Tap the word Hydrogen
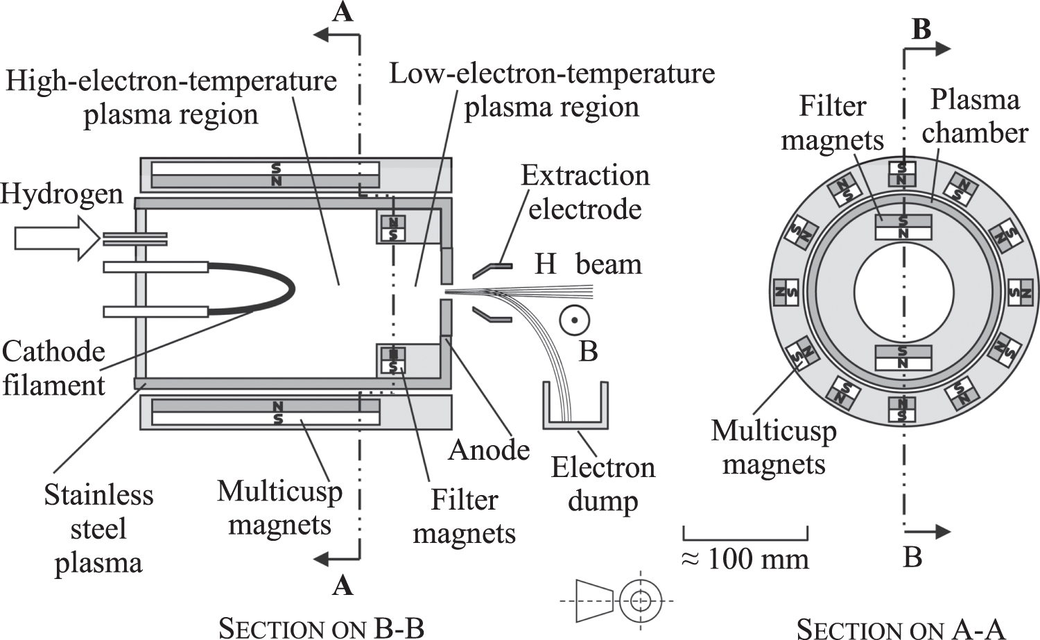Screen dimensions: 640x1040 pos(61,193)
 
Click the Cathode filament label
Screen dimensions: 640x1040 pos(53,368)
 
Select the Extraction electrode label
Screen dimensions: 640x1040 pos(585,192)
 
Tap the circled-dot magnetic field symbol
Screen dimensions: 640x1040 pos(575,320)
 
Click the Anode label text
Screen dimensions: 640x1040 pos(489,451)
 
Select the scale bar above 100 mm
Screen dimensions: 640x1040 pos(745,535)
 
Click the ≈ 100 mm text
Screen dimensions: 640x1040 pos(745,559)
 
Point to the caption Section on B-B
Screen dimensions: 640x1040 pos(321,628)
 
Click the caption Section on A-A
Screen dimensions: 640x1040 pos(900,629)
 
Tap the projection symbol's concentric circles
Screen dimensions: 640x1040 pos(641,600)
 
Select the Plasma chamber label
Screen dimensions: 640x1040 pos(974,116)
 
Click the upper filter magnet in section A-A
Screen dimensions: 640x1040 pos(903,227)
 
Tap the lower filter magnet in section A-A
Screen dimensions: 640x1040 pos(903,358)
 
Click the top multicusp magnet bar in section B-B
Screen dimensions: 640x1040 pos(266,175)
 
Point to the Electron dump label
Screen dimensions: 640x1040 pos(603,484)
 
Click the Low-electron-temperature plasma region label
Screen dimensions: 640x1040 pos(552,90)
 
